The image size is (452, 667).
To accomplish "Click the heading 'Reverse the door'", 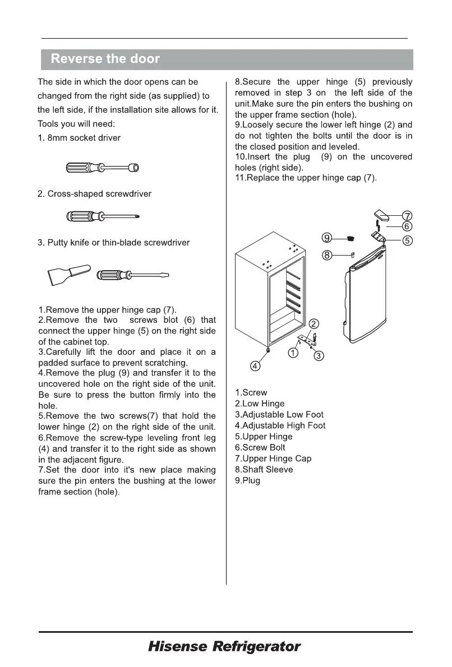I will coord(105,59).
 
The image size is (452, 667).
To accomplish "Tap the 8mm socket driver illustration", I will coord(102,168).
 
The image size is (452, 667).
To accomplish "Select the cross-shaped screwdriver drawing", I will coord(102,216).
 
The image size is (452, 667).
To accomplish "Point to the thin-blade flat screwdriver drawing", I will coord(132,275).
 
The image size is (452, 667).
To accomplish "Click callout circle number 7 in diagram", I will coord(408,216).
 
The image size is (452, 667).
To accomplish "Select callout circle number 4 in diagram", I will coord(255,366).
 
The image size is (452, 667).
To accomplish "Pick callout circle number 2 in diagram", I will coord(314,323).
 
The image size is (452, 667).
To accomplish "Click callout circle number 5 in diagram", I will coord(408,241).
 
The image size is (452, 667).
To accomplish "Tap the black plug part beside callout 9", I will coord(350,239).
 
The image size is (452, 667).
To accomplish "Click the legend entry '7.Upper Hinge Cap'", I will coord(273,458).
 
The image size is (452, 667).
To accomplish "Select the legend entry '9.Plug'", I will coord(247,480).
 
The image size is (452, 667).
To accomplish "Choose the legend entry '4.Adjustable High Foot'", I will coord(280,425).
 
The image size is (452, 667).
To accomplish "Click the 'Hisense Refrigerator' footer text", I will coord(224,647).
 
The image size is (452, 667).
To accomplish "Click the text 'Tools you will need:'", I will coord(76,123).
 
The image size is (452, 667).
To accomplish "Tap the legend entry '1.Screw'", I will coord(251,393).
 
